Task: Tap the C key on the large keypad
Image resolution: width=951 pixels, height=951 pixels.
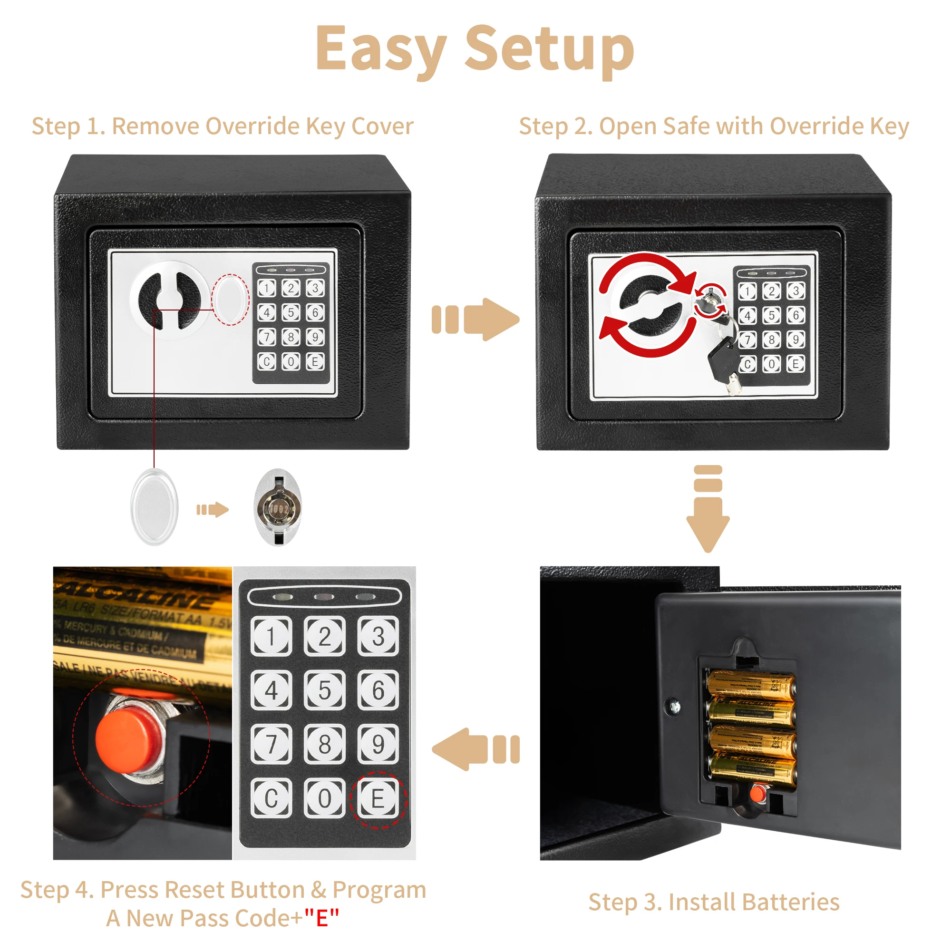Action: tap(271, 798)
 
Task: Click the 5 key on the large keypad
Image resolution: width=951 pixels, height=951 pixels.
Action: tap(324, 689)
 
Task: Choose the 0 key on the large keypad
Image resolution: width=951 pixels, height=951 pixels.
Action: tap(324, 798)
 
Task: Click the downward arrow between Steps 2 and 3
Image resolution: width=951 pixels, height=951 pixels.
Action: tap(708, 509)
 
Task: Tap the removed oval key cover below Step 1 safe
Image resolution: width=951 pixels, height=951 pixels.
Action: tap(154, 507)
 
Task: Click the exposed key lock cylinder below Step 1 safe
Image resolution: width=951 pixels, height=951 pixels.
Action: tap(278, 507)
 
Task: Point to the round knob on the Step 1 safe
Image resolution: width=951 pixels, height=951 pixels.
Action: tap(169, 300)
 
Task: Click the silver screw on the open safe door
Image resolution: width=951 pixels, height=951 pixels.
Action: tap(675, 707)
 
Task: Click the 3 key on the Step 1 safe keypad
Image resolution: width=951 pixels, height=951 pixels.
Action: tap(315, 288)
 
